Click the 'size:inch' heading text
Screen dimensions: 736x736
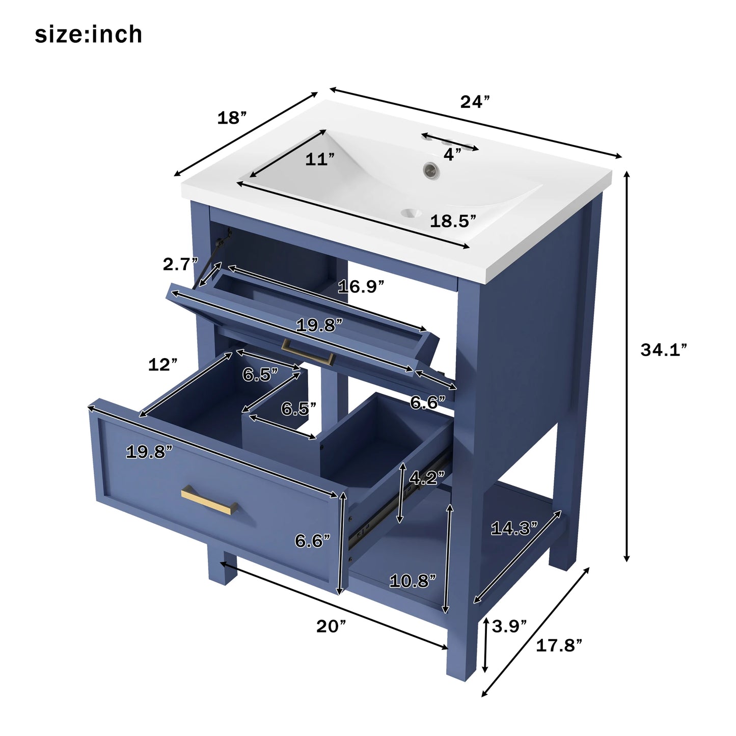88,35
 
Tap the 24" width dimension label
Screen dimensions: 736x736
475,102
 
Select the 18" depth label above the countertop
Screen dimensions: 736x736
232,118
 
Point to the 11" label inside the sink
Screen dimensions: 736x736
320,159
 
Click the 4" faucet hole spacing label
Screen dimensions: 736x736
452,154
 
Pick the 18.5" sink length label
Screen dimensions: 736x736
453,221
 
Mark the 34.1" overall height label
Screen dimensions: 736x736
663,350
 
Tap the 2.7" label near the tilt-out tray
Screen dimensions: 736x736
180,264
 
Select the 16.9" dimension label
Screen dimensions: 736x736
361,287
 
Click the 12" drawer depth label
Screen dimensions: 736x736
162,365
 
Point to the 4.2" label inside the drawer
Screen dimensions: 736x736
427,478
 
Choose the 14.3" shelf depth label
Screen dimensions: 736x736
514,529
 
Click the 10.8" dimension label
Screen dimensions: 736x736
413,581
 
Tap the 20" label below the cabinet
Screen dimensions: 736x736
331,626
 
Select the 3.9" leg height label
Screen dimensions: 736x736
509,626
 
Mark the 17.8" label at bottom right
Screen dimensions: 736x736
559,646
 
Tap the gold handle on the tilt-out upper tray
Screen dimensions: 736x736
308,352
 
